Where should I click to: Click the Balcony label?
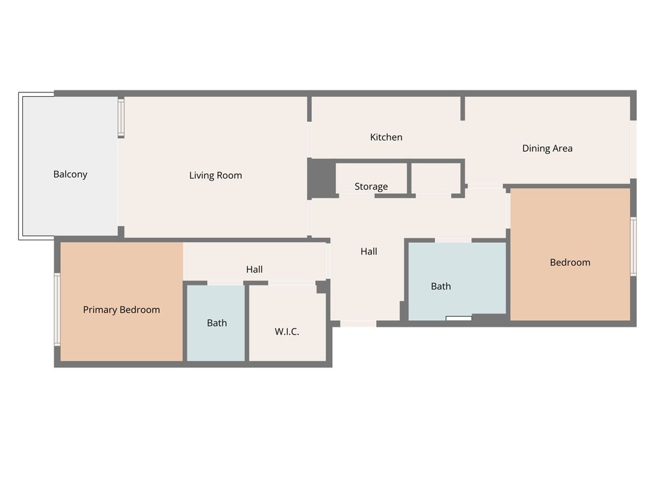70,174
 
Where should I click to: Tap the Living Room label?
215,175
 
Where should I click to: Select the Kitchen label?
386,137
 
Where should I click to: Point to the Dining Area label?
547,148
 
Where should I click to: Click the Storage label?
371,186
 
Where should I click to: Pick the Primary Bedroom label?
121,310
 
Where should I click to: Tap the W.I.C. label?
287,331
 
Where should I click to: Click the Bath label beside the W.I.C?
217,323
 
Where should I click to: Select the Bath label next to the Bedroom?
441,286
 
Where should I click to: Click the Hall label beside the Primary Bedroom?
254,269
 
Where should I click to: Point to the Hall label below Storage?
368,251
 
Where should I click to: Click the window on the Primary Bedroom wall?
57,310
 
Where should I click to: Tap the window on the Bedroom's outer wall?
633,246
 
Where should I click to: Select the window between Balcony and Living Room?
121,118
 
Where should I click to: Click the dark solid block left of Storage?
322,177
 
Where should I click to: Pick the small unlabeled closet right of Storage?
436,178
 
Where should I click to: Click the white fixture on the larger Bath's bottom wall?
458,319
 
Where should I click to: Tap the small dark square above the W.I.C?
321,287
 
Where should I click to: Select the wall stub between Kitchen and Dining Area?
463,109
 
